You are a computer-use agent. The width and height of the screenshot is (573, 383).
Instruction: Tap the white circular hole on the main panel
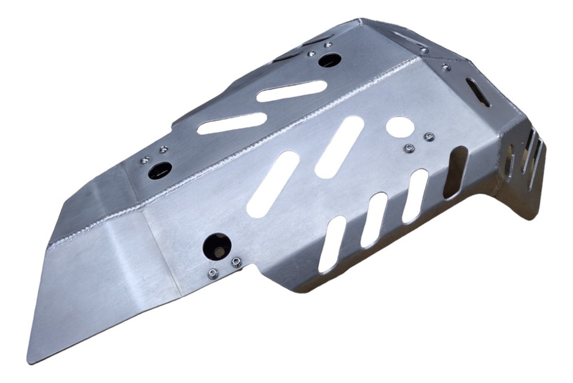click(400, 127)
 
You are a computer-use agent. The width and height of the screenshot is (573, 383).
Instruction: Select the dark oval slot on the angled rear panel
click(478, 92)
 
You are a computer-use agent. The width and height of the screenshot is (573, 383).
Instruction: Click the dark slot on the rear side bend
click(455, 172)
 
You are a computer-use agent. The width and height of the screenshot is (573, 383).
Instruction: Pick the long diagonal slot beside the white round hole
click(340, 147)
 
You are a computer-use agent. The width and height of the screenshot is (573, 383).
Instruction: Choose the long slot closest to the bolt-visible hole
click(273, 184)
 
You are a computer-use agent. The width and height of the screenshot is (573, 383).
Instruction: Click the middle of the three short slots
click(374, 219)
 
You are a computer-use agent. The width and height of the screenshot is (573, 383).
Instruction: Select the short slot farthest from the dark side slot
click(332, 244)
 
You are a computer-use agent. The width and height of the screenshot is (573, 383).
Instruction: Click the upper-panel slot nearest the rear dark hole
click(292, 91)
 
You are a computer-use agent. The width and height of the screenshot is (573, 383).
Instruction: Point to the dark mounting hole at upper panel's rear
click(330, 60)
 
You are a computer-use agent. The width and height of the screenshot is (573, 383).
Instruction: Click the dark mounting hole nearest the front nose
click(160, 170)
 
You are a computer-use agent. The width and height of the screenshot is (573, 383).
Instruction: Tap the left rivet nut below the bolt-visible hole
click(212, 274)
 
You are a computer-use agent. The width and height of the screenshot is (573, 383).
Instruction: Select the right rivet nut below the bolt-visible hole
click(236, 261)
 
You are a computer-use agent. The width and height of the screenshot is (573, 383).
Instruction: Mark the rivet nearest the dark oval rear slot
click(446, 67)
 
